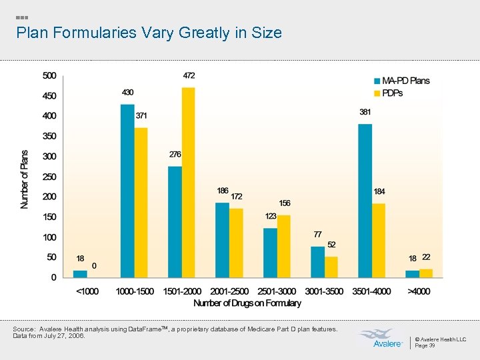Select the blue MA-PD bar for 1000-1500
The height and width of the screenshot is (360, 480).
point(127,191)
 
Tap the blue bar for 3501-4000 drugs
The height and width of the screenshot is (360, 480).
point(365,201)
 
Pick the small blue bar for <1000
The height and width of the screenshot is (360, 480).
point(80,273)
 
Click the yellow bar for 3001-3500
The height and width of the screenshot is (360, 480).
point(331,267)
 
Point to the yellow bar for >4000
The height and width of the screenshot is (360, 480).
point(426,273)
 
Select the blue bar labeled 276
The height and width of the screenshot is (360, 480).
point(175,222)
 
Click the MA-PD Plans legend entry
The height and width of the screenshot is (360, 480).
point(401,81)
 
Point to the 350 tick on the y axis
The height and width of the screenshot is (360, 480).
point(50,136)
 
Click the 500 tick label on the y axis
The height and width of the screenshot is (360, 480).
point(50,75)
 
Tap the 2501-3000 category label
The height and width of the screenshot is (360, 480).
point(277,291)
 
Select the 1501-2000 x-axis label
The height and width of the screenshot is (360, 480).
point(181,291)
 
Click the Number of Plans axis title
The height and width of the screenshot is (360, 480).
point(25,179)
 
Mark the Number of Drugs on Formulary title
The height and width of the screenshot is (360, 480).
point(247,303)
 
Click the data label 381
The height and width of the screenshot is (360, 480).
point(365,113)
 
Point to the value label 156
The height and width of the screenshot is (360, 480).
point(284,203)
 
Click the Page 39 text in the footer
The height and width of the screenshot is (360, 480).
point(425,345)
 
